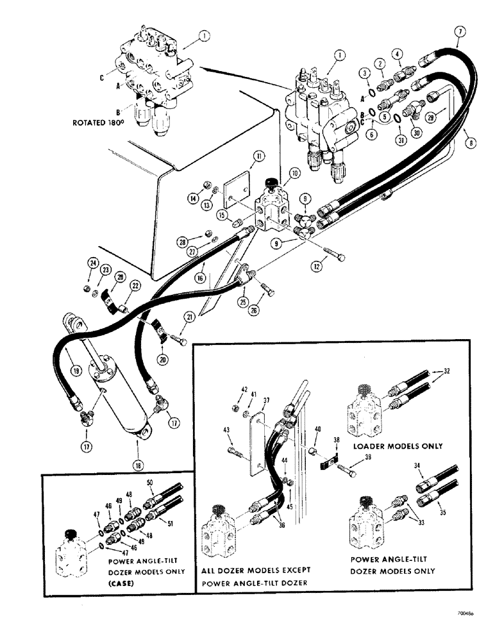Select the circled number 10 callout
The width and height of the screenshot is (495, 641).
294,173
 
